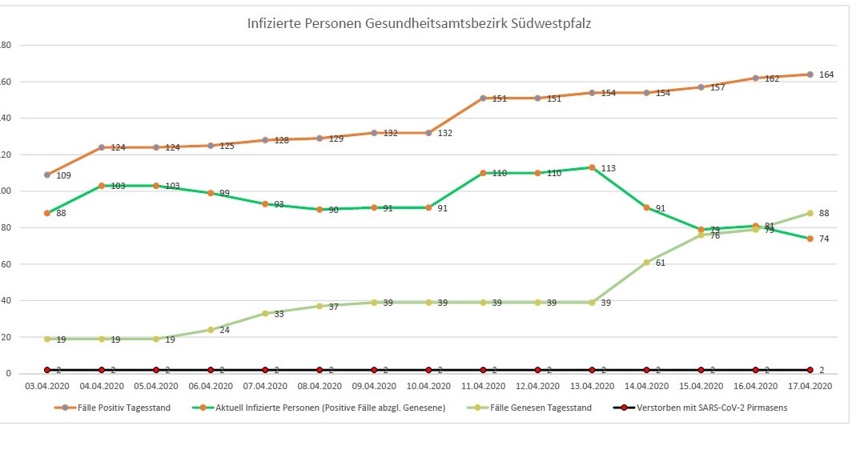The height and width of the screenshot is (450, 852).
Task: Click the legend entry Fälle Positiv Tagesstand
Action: [124, 408]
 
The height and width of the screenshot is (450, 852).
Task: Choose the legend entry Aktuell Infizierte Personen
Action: [329, 408]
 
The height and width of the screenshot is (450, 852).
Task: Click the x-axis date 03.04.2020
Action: [47, 386]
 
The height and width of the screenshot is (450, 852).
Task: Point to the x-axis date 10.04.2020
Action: [428, 386]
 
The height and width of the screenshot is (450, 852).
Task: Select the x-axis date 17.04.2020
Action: [810, 386]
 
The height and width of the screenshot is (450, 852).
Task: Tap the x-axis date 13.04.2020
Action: [592, 386]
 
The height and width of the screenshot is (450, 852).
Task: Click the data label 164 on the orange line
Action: [826, 74]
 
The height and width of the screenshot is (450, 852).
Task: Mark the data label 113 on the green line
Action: [609, 168]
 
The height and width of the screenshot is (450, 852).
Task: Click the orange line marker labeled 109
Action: [47, 175]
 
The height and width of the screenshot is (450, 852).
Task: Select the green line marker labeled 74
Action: [810, 239]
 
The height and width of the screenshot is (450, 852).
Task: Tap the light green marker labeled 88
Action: [810, 213]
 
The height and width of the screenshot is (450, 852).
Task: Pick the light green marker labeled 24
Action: [211, 330]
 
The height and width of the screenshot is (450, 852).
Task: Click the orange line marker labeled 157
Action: [701, 87]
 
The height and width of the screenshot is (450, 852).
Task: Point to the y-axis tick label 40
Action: [5, 300]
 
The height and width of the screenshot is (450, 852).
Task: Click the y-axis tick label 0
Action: [7, 373]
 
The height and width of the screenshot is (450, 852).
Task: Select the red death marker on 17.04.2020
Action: [810, 370]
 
